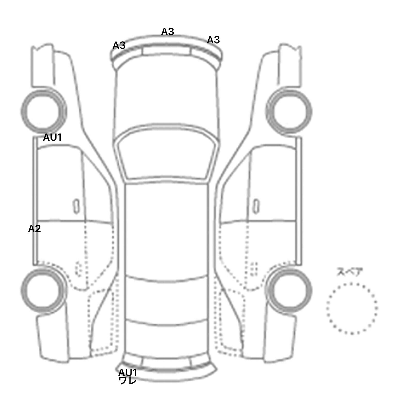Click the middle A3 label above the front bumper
[167, 32]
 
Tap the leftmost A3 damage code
[119, 45]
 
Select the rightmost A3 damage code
[213, 40]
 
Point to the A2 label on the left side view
[34, 229]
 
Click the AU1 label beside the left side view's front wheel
[52, 137]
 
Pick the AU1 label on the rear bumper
[127, 372]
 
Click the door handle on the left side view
[76, 206]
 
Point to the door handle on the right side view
[256, 206]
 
